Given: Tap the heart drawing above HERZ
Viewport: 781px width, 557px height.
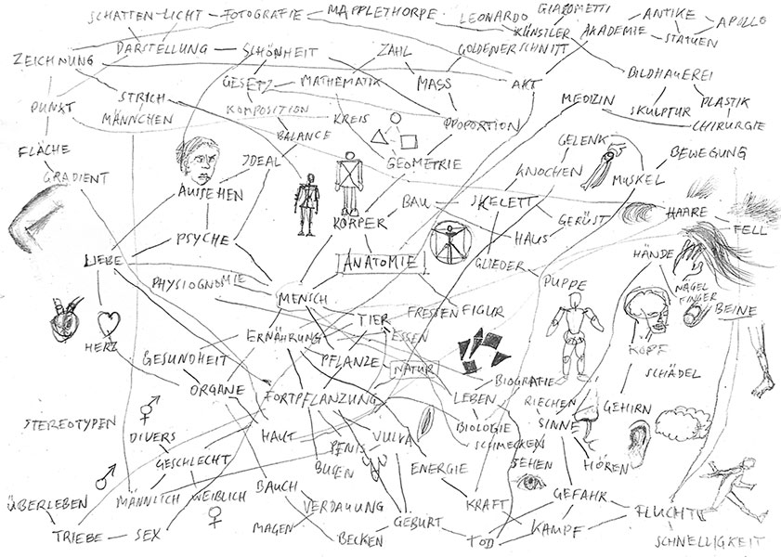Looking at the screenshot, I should [x=111, y=324].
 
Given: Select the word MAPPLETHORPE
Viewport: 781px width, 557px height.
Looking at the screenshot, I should [x=372, y=14].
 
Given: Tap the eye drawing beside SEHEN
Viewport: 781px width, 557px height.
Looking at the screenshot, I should [x=531, y=480].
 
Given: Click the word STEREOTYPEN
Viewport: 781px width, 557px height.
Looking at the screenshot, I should [x=71, y=424].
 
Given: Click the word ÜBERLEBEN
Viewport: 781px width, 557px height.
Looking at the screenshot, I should [x=46, y=506].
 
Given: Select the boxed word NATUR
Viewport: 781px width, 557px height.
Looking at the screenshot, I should [x=414, y=370].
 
